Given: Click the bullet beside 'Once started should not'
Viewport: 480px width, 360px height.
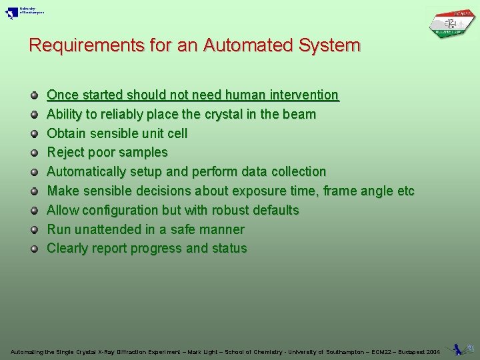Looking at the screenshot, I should [34, 95].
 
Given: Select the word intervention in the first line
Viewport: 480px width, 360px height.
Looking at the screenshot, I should [304, 95].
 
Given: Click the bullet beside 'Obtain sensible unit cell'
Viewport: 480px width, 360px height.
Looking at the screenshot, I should [34, 134].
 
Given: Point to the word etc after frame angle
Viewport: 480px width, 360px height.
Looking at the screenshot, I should [405, 191].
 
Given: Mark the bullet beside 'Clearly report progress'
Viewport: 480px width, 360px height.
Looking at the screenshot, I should [34, 249].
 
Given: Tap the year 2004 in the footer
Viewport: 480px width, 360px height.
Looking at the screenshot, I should [432, 351].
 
